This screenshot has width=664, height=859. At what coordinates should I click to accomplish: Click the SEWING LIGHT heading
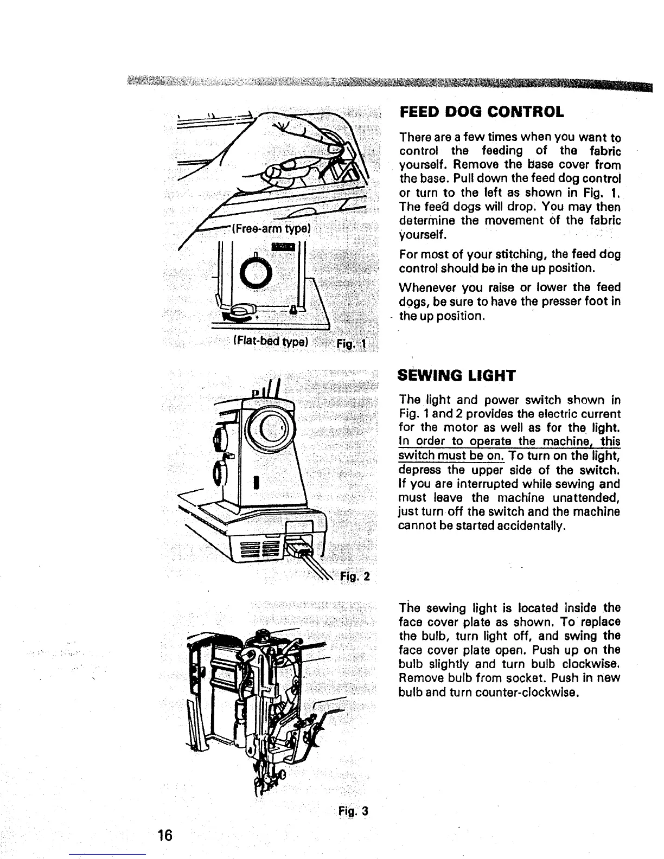456,375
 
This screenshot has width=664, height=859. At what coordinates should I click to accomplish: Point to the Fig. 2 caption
355,575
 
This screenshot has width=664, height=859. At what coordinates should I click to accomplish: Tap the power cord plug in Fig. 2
299,552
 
